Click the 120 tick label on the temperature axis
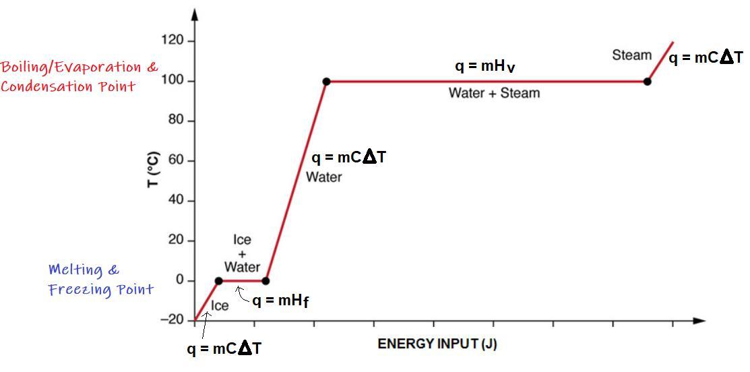[x=173, y=41]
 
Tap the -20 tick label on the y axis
[x=172, y=320]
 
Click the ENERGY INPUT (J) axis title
[x=437, y=344]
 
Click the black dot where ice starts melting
[x=218, y=281]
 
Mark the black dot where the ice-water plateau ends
[x=265, y=281]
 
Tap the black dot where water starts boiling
[x=326, y=82]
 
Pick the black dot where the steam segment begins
[x=647, y=82]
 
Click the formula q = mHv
[x=485, y=66]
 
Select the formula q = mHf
[x=280, y=301]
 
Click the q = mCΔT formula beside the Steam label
[x=706, y=58]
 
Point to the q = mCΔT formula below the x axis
[x=224, y=349]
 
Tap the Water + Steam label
[x=494, y=93]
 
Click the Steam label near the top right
[x=631, y=55]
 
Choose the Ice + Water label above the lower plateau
[x=242, y=253]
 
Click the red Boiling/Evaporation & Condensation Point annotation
[x=79, y=76]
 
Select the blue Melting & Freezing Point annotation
[x=100, y=280]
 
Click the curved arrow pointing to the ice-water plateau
[x=241, y=293]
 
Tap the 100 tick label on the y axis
[x=173, y=82]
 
